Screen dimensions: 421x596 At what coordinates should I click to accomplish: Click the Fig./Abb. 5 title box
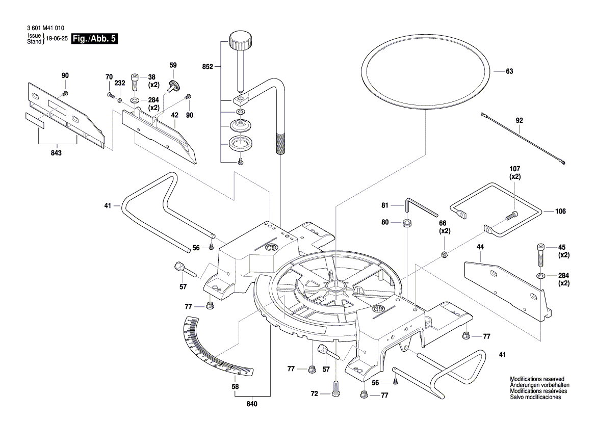(x=95, y=39)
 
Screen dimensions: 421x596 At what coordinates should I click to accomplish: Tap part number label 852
(x=208, y=66)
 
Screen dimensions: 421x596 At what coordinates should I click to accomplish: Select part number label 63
(x=509, y=71)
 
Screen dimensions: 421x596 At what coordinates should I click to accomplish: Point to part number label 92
(x=519, y=121)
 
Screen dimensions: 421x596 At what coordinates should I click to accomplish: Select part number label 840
(x=252, y=404)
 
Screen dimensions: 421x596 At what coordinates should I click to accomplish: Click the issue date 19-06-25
(x=57, y=39)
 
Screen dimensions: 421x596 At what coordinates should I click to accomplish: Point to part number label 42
(x=174, y=115)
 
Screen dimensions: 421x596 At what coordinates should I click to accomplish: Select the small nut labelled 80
(x=407, y=223)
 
